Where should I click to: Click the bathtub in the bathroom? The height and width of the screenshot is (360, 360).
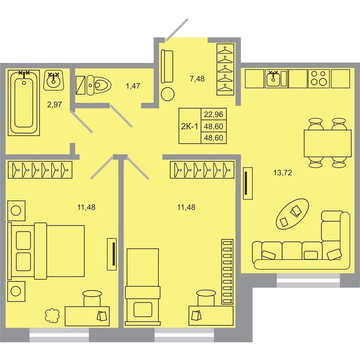coord(24,103)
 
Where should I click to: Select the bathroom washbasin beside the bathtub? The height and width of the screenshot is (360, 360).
coord(54,80)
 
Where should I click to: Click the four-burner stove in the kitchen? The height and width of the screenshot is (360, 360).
coord(319,78)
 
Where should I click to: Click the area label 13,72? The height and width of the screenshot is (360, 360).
coord(283,172)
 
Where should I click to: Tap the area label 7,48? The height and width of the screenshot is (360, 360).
coord(197,79)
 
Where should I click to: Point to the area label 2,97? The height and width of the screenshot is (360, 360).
coord(54,105)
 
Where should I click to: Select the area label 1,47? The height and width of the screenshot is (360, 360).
coord(133,86)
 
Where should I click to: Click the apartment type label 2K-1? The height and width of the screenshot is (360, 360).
coord(189,126)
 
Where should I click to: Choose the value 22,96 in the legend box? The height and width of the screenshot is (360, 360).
coord(213,114)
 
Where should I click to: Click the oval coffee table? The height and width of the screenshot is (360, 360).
coord(292,214)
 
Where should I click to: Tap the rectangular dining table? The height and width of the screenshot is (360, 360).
coord(328,143)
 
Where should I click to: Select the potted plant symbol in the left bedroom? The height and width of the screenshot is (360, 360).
coord(52,315)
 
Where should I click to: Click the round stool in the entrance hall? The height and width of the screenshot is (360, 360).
coord(168,94)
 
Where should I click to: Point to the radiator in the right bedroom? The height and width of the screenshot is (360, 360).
coord(227,271)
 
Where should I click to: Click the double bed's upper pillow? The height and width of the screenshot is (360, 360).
coord(23,240)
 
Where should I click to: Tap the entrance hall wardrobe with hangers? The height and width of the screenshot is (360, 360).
coord(225,69)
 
